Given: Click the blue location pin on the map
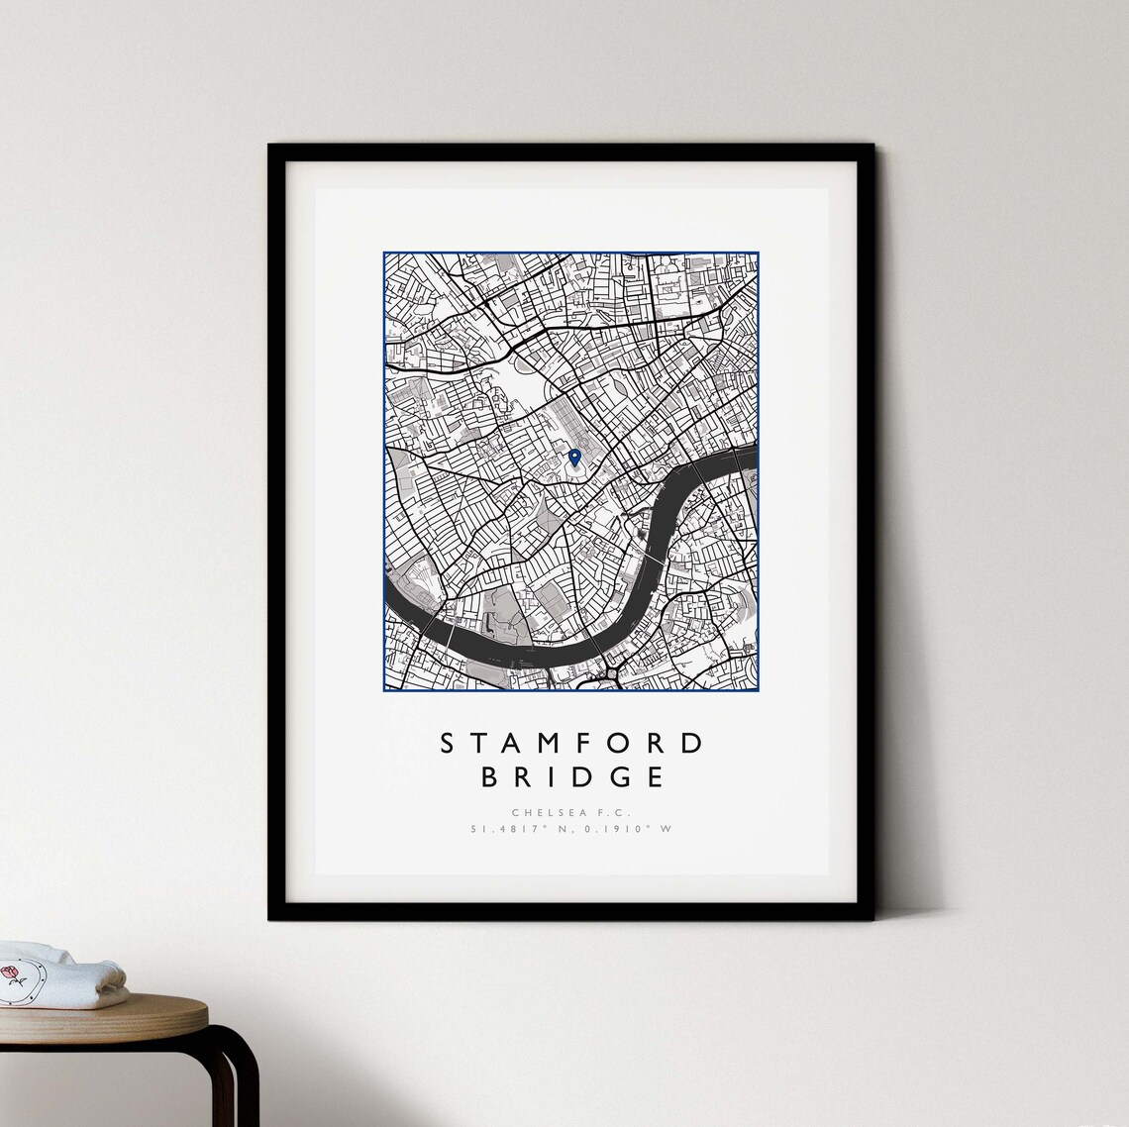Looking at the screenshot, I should coord(574,457).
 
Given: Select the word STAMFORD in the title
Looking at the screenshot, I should coord(570,743).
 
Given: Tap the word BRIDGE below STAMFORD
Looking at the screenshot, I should coord(571,776).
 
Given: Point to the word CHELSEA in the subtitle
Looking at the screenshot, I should coord(548,813).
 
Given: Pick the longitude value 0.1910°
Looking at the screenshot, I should coord(614,829).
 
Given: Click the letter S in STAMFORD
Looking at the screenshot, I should coord(445,743).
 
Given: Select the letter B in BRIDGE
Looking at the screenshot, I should coord(488,776).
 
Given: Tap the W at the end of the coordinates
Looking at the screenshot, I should coord(666,829).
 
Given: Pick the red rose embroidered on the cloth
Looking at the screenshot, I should coord(12,975).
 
